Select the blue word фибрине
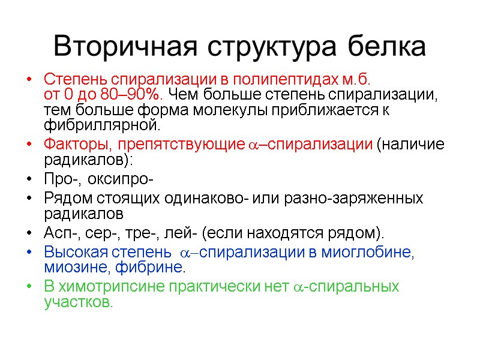[155, 267]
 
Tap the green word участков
[78, 302]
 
